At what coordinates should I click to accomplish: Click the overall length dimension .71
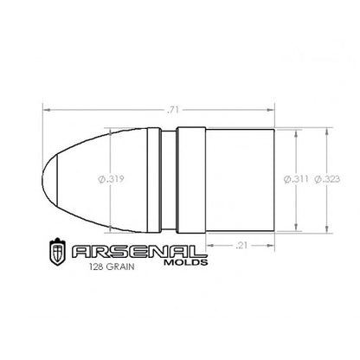coord(173,110)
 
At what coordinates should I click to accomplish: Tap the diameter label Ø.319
coord(111,179)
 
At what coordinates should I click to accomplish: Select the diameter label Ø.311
coord(296,179)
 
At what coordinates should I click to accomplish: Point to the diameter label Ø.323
coord(327,179)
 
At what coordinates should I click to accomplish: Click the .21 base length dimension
coord(241,246)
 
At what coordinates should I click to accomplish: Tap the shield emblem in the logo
coord(57,252)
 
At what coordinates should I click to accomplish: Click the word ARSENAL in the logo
coord(136,252)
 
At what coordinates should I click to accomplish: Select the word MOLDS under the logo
coord(186,262)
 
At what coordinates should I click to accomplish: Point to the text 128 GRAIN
coord(112,267)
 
